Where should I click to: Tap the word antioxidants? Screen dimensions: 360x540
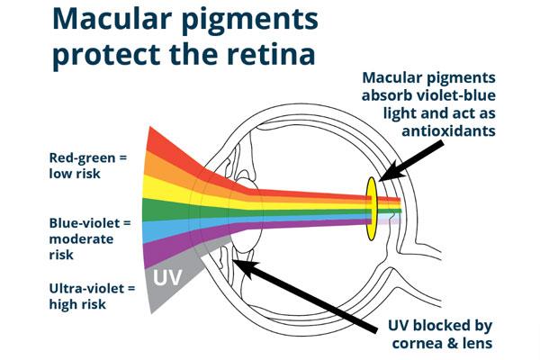[447, 130]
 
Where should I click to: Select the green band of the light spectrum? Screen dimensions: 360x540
[162, 209]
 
